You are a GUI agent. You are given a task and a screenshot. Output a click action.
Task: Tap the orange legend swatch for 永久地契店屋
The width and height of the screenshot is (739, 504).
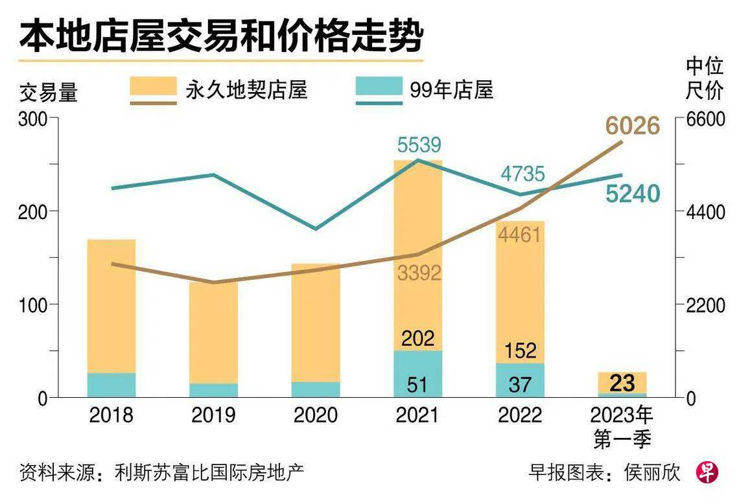[x=153, y=87]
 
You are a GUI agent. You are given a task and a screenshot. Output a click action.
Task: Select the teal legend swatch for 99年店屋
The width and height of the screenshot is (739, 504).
[x=379, y=87]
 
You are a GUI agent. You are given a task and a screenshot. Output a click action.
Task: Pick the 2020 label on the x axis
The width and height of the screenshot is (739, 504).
[x=316, y=415]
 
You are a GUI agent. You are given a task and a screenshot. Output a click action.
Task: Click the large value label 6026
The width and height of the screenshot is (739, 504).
[x=632, y=126]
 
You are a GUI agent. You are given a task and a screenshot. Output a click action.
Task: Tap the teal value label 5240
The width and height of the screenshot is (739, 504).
[x=633, y=194]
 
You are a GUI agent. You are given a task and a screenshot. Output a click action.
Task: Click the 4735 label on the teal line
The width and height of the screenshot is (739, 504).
[x=522, y=174]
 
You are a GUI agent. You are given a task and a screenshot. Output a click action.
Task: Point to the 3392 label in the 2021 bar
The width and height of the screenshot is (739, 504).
[x=419, y=273]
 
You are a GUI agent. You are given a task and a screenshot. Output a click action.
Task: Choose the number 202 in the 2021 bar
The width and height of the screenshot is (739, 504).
[x=417, y=338]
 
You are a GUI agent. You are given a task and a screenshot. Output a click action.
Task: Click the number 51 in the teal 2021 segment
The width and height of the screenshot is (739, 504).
[x=417, y=385]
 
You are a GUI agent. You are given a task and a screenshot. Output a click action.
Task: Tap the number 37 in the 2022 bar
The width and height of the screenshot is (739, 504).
[x=520, y=385]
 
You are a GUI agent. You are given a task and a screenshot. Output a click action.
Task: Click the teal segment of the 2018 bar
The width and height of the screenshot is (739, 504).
[x=111, y=385]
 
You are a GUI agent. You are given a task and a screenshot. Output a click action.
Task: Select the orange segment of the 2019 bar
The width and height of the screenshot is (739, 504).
[x=214, y=330]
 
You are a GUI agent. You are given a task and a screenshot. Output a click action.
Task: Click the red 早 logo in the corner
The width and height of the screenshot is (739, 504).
[x=707, y=472]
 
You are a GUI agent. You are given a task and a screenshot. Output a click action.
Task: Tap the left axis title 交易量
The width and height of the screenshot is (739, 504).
[x=49, y=93]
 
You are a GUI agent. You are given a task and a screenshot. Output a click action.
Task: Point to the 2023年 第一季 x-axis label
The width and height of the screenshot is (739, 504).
[x=622, y=428]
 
